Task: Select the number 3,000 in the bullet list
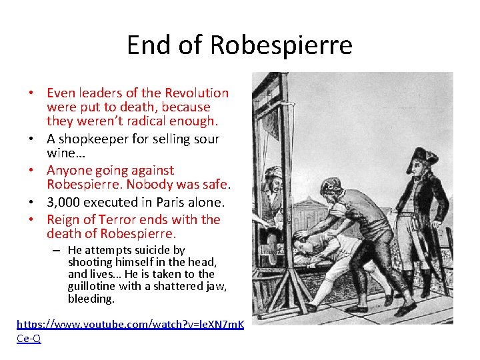click(65, 202)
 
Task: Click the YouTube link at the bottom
click(130, 325)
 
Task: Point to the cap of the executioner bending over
click(331, 184)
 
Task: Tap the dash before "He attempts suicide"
click(58, 251)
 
